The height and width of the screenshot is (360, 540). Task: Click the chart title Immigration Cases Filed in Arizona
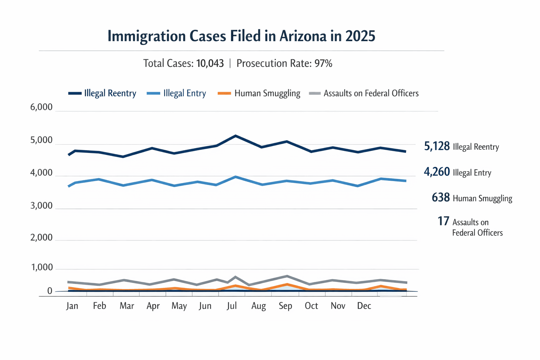[x=241, y=36]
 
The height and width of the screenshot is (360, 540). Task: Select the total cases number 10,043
[x=210, y=63]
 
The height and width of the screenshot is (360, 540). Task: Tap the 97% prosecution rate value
[x=323, y=63]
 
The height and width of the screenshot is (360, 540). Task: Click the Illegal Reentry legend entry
[x=102, y=93]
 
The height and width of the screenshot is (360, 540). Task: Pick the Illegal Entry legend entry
[x=176, y=93]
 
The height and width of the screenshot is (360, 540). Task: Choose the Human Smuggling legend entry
[x=259, y=93]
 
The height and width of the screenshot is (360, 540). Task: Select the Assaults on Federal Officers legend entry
[x=364, y=93]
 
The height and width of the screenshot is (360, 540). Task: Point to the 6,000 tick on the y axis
[x=41, y=107]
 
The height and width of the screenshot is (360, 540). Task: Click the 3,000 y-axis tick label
[x=41, y=206]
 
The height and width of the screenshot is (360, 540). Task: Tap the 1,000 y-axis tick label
[x=42, y=268]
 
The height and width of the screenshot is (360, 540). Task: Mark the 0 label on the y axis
[x=50, y=291]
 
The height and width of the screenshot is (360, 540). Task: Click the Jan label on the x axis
[x=72, y=306]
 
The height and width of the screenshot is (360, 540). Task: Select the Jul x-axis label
[x=232, y=306]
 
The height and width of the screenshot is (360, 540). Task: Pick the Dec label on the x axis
[x=364, y=306]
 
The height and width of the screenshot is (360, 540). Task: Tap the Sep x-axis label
[x=285, y=306]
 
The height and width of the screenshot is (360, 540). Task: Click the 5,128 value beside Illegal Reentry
[x=437, y=146]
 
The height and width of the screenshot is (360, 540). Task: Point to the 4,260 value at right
[x=437, y=172]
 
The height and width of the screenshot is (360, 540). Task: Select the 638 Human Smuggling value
[x=441, y=198]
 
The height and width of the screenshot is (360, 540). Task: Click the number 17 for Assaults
[x=443, y=221]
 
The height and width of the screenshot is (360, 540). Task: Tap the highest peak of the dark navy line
[x=235, y=136]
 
